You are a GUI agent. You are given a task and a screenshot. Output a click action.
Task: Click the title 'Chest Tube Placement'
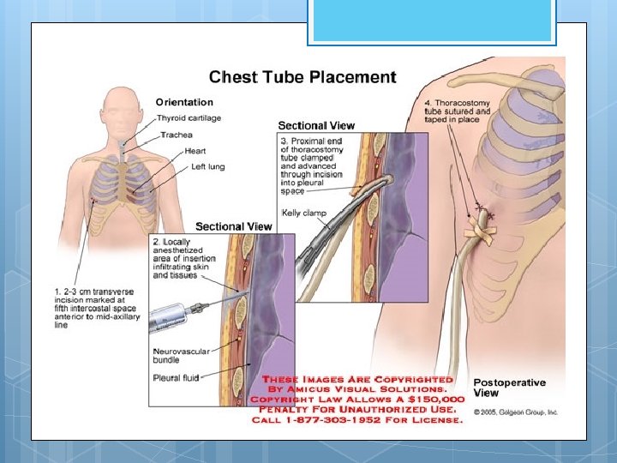click(303, 77)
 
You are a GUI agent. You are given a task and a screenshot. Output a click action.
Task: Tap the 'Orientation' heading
click(184, 103)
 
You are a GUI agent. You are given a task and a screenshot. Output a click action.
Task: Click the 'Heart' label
click(195, 151)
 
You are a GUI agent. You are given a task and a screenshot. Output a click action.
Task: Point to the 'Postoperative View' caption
click(510, 388)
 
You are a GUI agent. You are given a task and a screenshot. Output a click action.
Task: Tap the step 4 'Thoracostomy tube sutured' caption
click(458, 111)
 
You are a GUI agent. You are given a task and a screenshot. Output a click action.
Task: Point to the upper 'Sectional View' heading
click(316, 125)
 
